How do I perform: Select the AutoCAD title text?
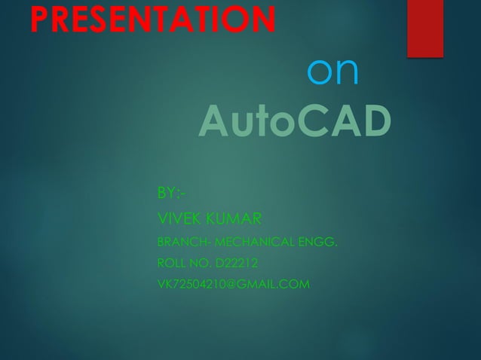pyautogui.click(x=295, y=123)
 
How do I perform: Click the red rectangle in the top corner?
pyautogui.click(x=424, y=28)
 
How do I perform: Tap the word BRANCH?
pyautogui.click(x=176, y=243)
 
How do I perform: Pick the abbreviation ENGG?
pyautogui.click(x=319, y=243)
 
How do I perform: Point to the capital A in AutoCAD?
pyautogui.click(x=214, y=123)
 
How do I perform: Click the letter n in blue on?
pyautogui.click(x=348, y=72)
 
